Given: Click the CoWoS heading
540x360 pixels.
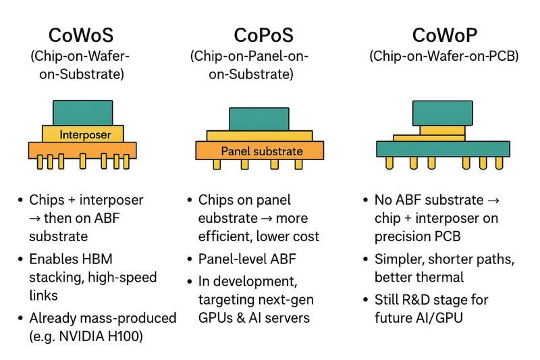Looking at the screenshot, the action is tap(81, 35).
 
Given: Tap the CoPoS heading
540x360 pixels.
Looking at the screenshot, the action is tap(264, 35).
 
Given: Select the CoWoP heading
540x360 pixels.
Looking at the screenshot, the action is tap(445, 35).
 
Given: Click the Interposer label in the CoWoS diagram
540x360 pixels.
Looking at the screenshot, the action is tap(85, 134).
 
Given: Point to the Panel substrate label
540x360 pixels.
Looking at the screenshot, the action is tap(262, 151).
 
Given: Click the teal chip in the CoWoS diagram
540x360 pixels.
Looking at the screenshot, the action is tap(82, 113).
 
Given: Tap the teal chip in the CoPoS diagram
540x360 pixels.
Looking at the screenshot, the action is tap(259, 119).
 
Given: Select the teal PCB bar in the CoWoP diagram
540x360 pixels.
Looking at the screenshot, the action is tap(443, 149).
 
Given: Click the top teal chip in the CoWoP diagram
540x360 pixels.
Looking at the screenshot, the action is tap(443, 113).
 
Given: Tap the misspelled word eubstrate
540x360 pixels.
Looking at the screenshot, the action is tap(227, 218).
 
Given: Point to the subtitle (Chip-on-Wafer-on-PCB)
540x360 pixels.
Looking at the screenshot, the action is tap(444, 56).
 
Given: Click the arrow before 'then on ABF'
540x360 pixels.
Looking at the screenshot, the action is tap(34, 218).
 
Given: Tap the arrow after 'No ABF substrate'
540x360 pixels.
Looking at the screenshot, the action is tap(493, 201).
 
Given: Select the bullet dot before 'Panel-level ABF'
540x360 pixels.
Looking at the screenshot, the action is tap(190, 259).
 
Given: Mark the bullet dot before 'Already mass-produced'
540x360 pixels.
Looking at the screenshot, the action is tap(20, 318).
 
